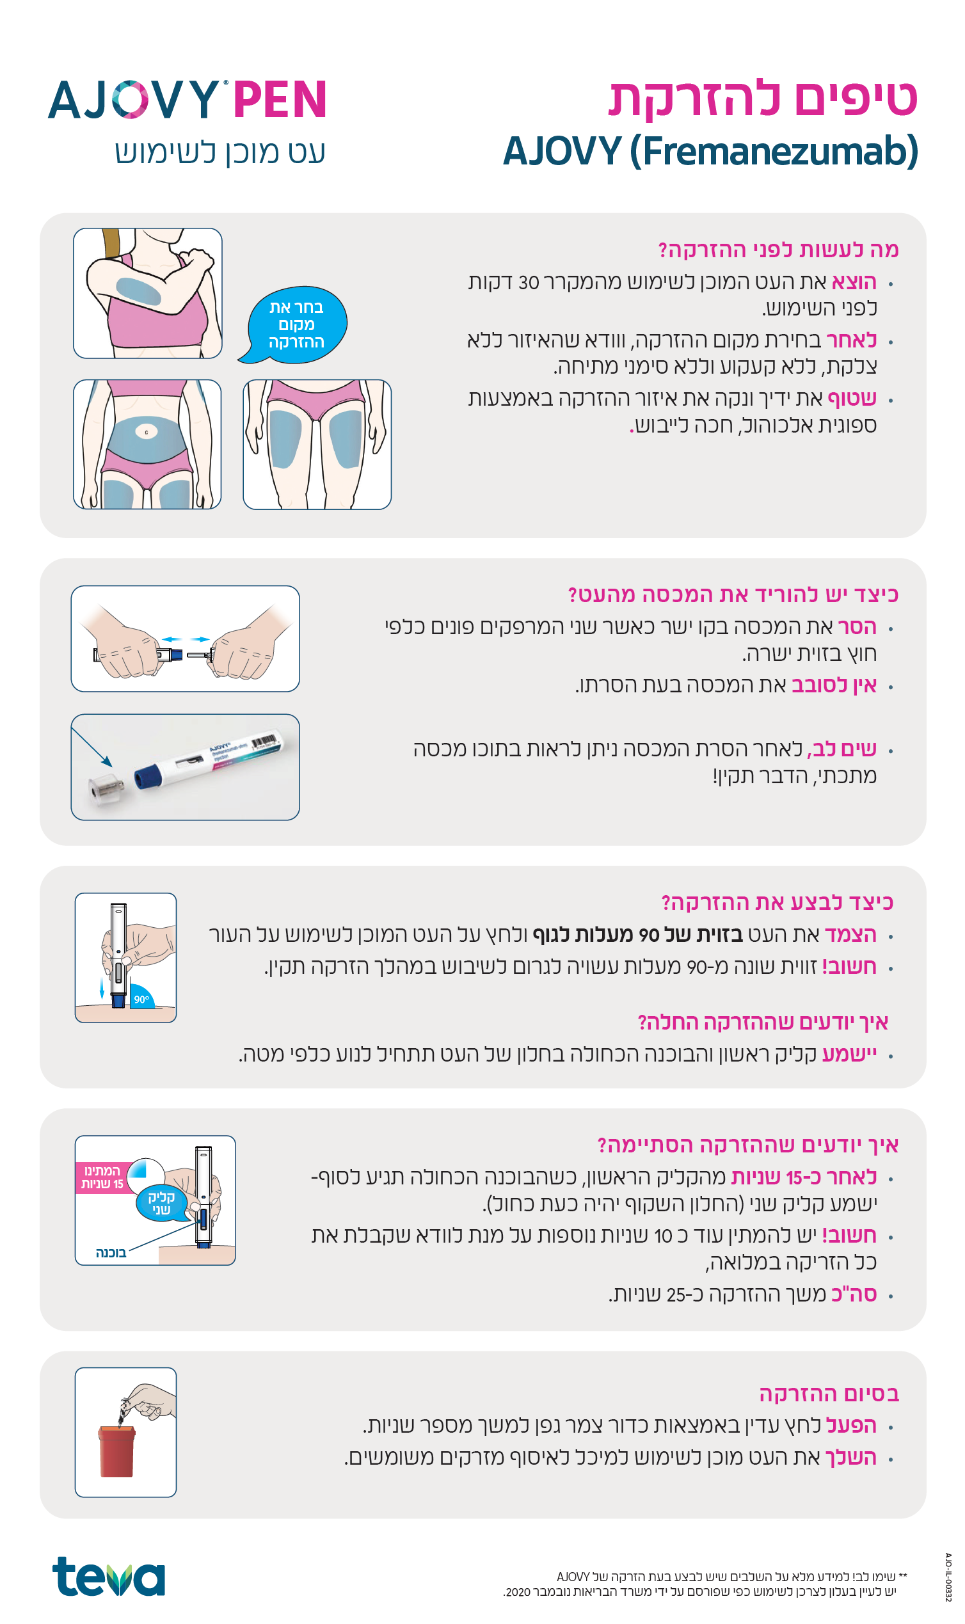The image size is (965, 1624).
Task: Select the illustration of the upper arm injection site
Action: [x=148, y=293]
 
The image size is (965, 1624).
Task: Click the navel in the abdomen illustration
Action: [x=147, y=432]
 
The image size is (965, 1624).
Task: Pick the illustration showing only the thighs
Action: [x=317, y=444]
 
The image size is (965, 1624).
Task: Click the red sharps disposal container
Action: [x=116, y=1451]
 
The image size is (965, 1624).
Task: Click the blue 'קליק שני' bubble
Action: [x=161, y=1203]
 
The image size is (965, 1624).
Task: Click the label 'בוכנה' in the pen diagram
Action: [x=111, y=1253]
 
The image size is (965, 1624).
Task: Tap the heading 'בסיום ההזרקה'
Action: [x=829, y=1394]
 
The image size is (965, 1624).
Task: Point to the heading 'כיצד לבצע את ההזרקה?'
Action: [x=777, y=902]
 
